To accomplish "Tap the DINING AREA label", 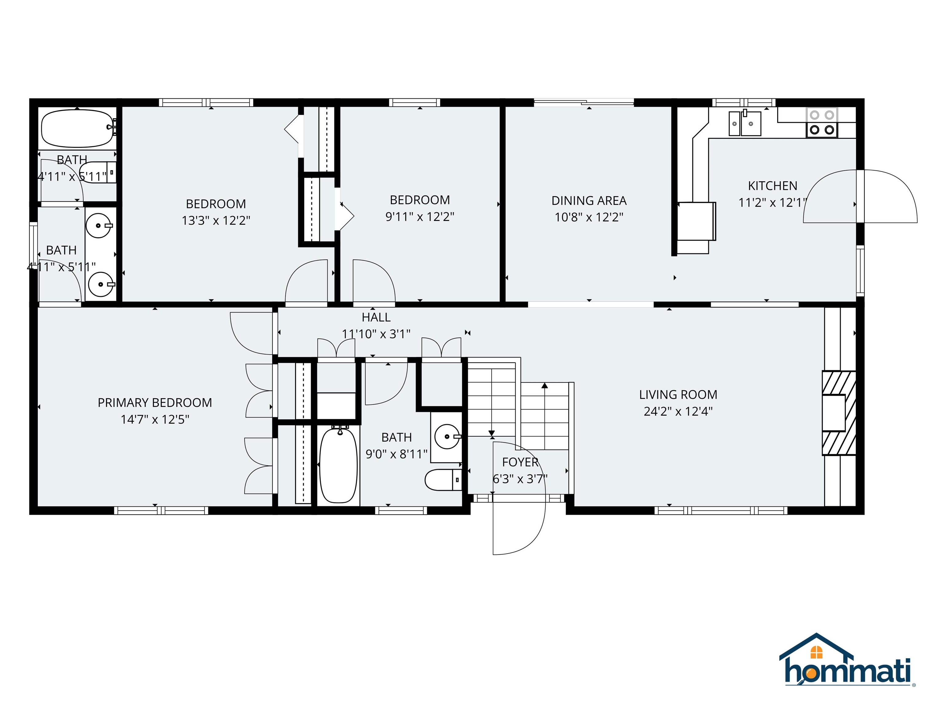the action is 589,201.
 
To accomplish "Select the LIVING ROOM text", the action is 678,395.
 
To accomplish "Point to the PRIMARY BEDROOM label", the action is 155,403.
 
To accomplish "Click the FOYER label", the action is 520,462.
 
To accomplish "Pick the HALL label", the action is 376,317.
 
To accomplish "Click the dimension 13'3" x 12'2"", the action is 216,221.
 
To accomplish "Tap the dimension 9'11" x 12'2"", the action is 420,217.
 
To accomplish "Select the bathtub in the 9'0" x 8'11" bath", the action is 338,465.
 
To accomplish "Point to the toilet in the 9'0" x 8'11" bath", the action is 443,480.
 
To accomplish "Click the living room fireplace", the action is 839,413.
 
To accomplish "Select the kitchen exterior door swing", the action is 860,196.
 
